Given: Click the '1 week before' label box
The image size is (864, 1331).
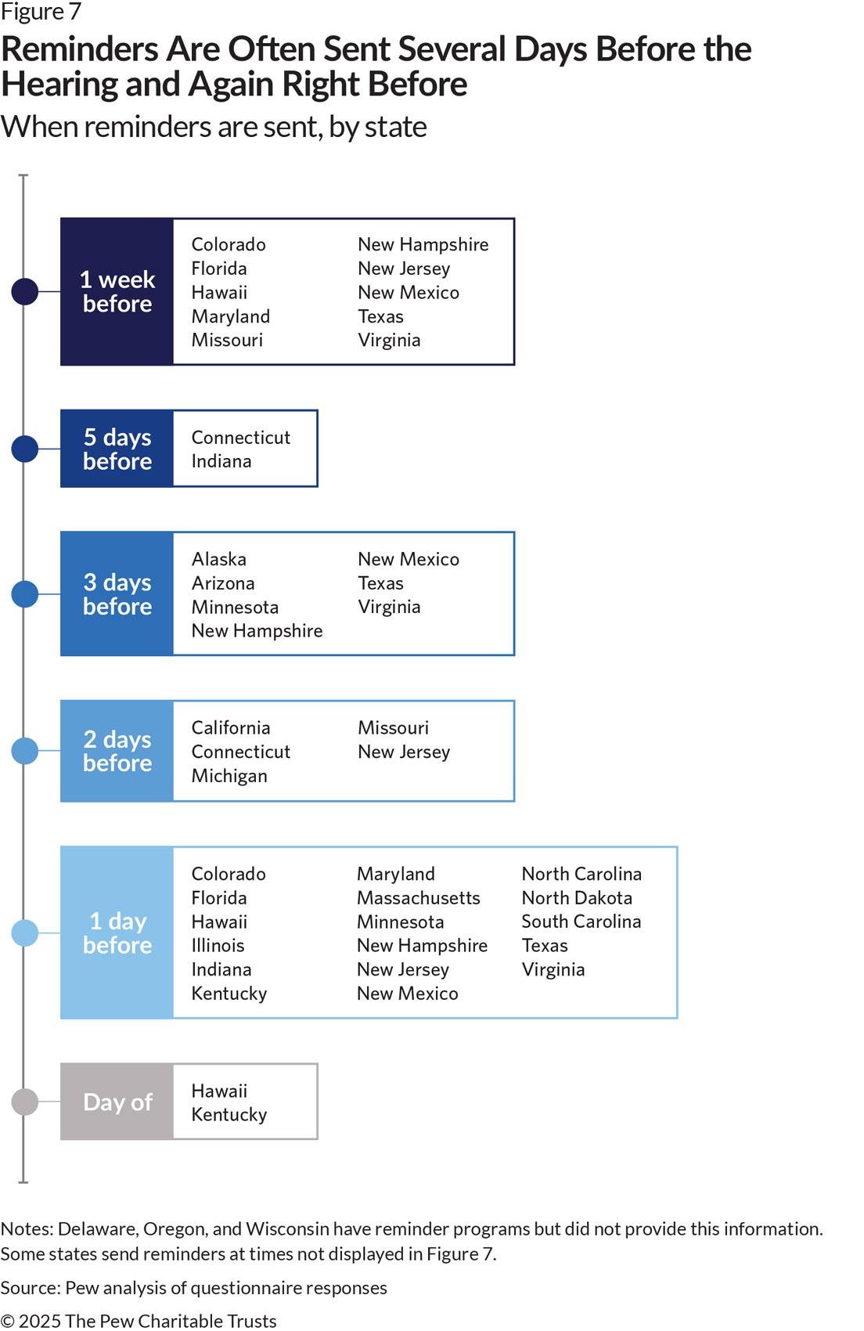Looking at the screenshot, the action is point(117,292).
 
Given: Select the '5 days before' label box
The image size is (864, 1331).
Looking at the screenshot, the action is point(117,449).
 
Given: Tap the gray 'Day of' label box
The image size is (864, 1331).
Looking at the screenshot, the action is point(117,1102).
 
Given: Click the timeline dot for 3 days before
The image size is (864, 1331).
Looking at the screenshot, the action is point(25,593).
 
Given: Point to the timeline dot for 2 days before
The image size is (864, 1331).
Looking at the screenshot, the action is point(25,751).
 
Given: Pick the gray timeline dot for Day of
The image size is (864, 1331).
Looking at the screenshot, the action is point(25,1102).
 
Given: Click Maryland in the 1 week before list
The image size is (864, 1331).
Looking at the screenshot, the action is point(230,317).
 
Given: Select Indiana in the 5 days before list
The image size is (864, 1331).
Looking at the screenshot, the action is point(221,461).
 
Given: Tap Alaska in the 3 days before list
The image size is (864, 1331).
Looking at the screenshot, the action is point(218,559).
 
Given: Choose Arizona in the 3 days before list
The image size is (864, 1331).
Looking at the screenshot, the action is point(223,583).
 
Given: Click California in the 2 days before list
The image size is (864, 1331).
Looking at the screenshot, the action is point(230,728).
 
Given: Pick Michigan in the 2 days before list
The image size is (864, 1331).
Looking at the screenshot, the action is point(229,776).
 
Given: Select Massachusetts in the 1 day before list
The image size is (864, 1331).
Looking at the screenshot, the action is point(418,898).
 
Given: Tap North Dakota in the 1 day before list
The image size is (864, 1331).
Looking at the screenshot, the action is point(577,898).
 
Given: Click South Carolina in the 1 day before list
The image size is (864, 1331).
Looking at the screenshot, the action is point(581,922).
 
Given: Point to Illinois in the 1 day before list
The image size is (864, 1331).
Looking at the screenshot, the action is point(218,945).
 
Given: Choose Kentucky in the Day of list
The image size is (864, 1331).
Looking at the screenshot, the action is point(229,1115).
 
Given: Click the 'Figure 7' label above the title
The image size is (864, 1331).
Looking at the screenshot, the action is point(41,12).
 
